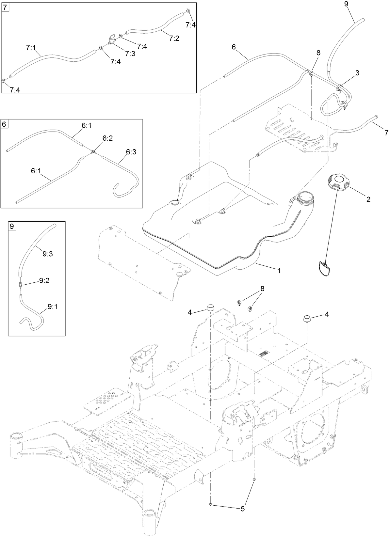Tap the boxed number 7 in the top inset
pyautogui.click(x=6, y=7)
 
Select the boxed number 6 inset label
pyautogui.click(x=4, y=124)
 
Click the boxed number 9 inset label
pyautogui.click(x=12, y=226)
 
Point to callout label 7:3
pyautogui.click(x=129, y=54)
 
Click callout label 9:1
pyautogui.click(x=54, y=307)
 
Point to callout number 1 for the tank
pyautogui.click(x=279, y=270)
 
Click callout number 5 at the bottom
pyautogui.click(x=242, y=508)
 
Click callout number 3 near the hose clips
pyautogui.click(x=358, y=73)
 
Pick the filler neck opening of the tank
pyautogui.click(x=306, y=197)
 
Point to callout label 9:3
pyautogui.click(x=47, y=253)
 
